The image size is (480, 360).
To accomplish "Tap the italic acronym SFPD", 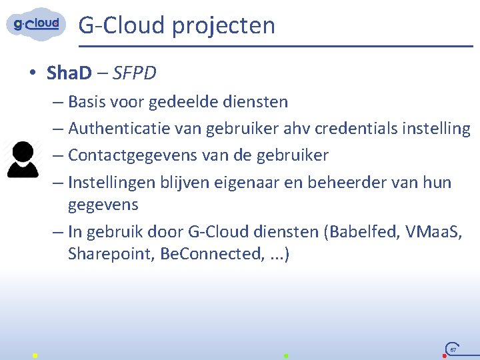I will click(135, 73).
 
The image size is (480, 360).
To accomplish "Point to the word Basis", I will click(87, 102).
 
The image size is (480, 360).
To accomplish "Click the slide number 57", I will click(453, 349).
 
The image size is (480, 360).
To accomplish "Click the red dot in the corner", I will click(445, 356).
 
